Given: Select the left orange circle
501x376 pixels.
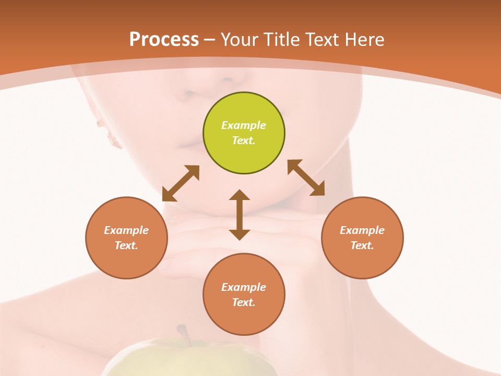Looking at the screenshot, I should click(126, 238).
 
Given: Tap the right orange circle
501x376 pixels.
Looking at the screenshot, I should click(362, 238).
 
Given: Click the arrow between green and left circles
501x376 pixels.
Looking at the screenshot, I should click(181, 183).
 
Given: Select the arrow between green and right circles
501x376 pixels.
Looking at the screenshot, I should click(306, 178).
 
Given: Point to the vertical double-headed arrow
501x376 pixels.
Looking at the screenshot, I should click(240, 215).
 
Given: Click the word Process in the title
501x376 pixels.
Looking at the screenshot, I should click(164, 39).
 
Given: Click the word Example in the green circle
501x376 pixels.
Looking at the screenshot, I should click(244, 125).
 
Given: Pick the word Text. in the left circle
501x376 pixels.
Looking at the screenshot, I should click(126, 245).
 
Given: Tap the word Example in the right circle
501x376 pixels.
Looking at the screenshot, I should click(362, 230).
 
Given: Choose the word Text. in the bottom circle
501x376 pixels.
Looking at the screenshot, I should click(244, 302).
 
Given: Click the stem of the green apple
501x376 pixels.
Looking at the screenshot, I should click(183, 332).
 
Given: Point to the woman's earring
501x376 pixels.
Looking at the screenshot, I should click(111, 137).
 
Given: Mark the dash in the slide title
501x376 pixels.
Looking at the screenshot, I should click(210, 40).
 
